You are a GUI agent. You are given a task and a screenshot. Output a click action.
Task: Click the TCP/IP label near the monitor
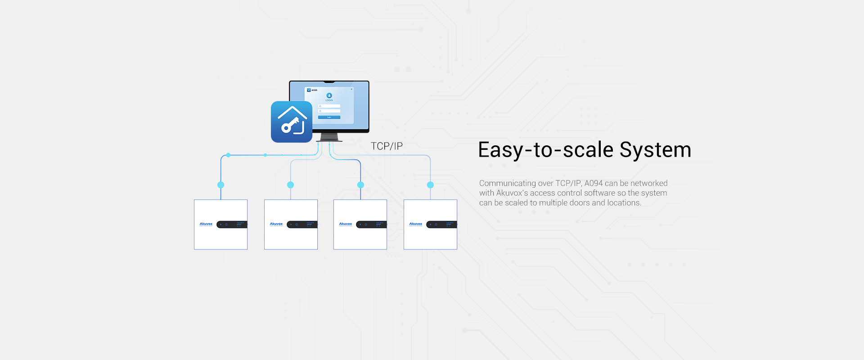(387, 146)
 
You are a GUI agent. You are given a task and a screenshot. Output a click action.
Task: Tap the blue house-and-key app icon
(292, 122)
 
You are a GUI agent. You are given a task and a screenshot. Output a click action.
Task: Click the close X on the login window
(351, 89)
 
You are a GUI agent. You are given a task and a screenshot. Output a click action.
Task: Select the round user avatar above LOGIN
(329, 95)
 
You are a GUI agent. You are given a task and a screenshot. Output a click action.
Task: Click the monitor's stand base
(329, 140)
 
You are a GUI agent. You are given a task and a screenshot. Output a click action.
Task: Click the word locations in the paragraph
(623, 203)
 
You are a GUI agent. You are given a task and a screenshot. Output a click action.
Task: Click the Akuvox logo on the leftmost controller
(206, 224)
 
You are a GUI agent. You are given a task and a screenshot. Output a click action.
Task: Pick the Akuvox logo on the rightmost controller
(416, 224)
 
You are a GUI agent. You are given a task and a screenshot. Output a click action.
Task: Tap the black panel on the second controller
(302, 225)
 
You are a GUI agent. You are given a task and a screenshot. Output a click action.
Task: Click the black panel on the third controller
(371, 225)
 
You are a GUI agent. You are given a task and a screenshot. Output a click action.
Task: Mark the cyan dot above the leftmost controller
(220, 185)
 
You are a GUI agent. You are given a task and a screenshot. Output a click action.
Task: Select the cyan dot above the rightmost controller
(430, 185)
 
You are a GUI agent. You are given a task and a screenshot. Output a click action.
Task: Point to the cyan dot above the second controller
(291, 185)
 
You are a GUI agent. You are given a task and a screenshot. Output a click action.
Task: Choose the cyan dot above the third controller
(360, 185)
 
